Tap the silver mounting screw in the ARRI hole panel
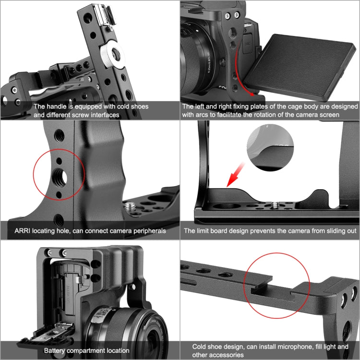pyautogui.click(x=130, y=207)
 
